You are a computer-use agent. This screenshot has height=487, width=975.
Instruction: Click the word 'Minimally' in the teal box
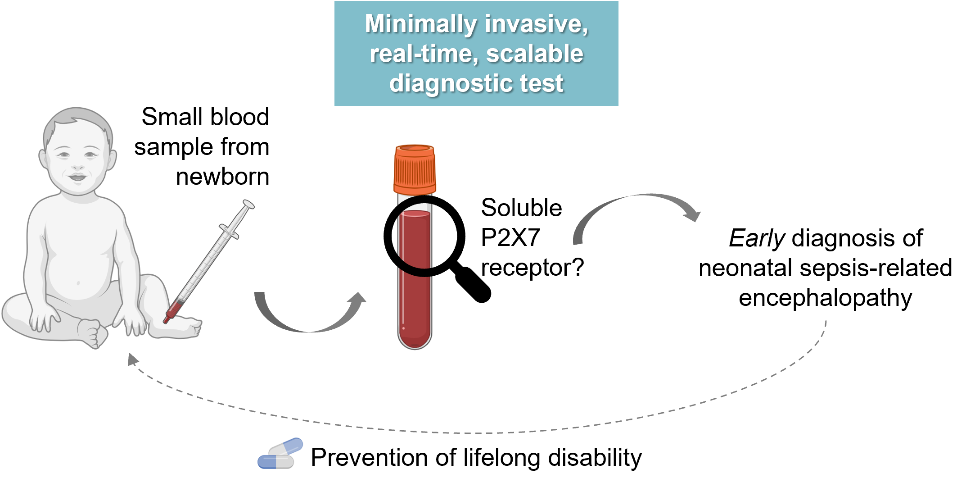(x=420, y=24)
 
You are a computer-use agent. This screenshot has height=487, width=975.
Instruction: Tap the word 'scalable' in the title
(x=534, y=54)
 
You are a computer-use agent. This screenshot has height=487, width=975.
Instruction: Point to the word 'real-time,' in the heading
(x=424, y=54)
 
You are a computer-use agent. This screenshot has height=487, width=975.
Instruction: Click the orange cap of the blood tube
(x=415, y=169)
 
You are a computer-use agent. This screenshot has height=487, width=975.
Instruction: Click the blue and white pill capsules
(x=280, y=454)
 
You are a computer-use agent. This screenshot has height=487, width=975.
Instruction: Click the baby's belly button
(x=78, y=283)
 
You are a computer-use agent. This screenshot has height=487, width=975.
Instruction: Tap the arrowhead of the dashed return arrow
(x=132, y=359)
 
